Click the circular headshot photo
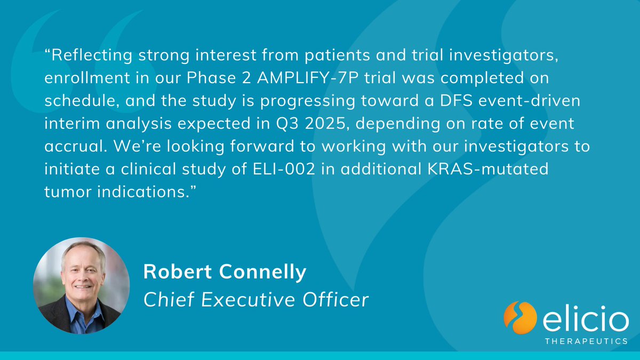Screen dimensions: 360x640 [x=81, y=285]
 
